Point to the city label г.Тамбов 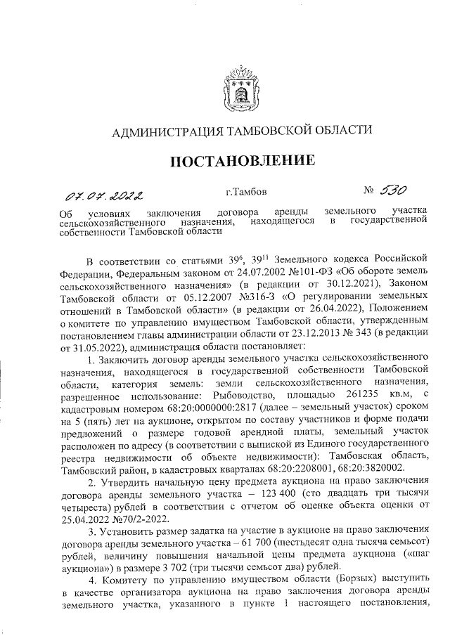click(246, 190)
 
